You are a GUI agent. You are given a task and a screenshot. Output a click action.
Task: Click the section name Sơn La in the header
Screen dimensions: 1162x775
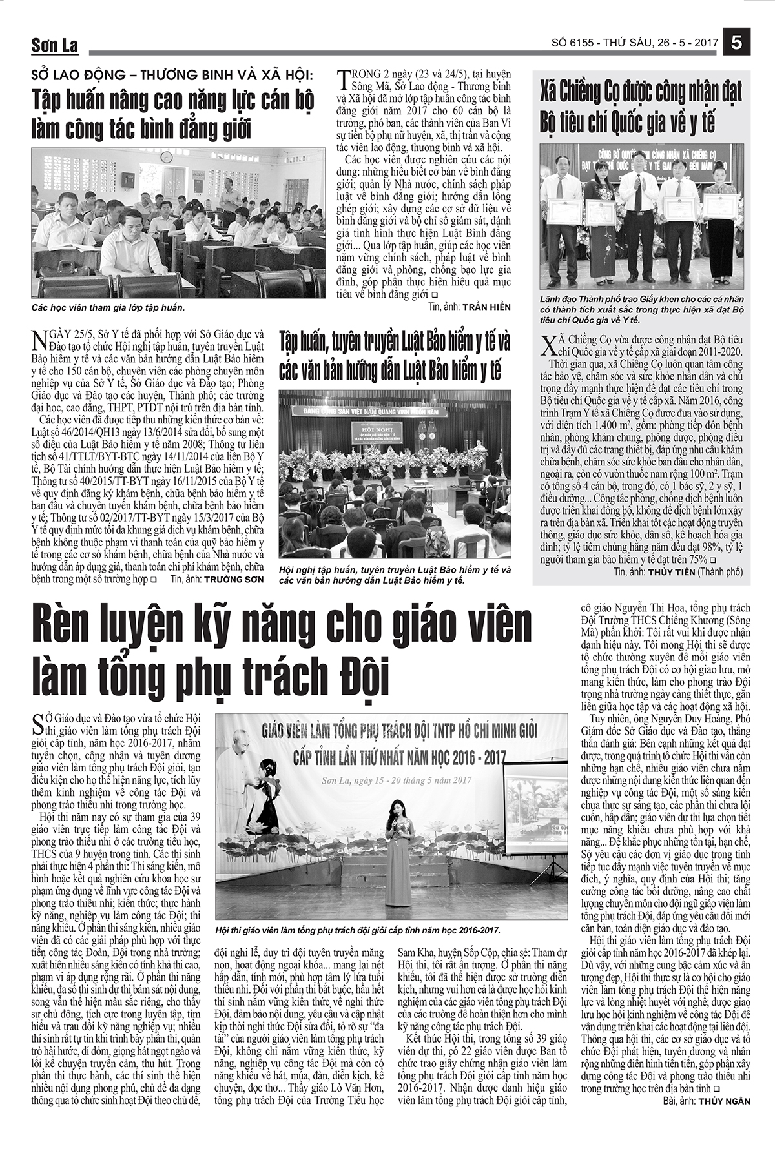tap(55, 46)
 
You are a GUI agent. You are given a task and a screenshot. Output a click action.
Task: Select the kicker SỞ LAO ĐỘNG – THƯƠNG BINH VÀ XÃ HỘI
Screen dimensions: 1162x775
tap(172, 75)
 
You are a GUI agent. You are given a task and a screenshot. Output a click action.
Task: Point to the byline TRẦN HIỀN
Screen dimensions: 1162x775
tap(484, 307)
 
